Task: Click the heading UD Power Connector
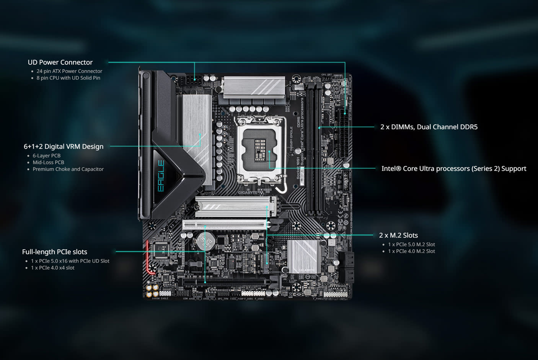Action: point(60,62)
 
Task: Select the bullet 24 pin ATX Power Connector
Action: point(69,71)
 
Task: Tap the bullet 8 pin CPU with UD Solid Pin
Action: point(68,78)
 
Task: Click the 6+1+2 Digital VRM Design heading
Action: point(64,146)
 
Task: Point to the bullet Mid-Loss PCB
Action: point(48,162)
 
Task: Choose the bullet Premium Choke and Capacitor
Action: point(68,169)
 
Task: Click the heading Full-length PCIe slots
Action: point(54,252)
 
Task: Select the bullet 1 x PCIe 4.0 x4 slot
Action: point(53,268)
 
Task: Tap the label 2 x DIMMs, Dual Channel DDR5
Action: point(429,127)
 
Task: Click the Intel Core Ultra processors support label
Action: point(453,169)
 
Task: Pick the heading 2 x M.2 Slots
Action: point(398,235)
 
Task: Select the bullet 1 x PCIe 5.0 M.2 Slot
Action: point(411,244)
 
